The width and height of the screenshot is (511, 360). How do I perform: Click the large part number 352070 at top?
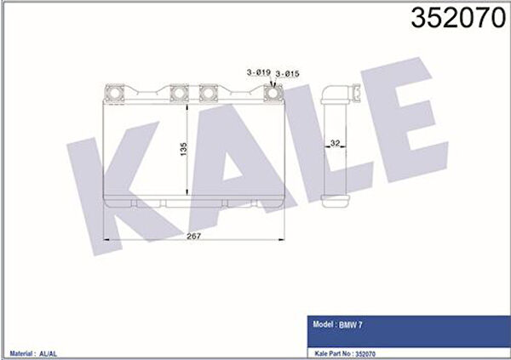tap(458, 18)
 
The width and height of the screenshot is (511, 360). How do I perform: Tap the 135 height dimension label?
tap(184, 149)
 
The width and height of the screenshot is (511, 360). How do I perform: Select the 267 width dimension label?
tap(193, 236)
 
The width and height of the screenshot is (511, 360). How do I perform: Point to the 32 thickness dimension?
tap(335, 143)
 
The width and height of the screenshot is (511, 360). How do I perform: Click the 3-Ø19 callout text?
tap(259, 72)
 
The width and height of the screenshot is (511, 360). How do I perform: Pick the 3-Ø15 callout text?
tap(287, 74)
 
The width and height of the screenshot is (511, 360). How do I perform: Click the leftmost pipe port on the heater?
tap(115, 93)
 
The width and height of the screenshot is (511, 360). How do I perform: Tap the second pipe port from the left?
tap(179, 93)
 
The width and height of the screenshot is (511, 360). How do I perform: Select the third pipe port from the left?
tap(209, 93)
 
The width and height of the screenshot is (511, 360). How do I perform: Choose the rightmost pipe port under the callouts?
tap(273, 93)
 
